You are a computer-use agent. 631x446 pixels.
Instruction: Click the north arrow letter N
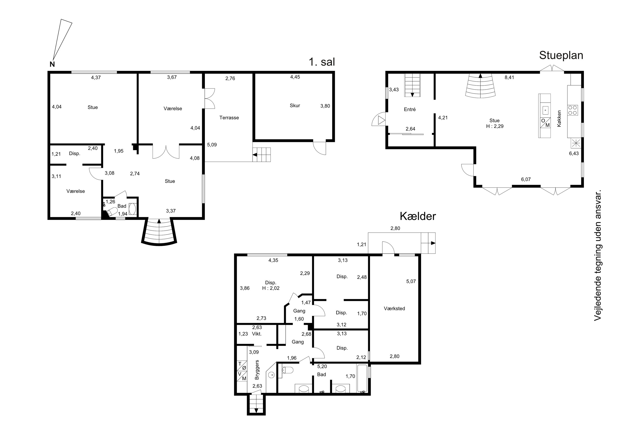[x=52, y=64]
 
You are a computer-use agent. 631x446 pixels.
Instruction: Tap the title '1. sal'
[x=322, y=62]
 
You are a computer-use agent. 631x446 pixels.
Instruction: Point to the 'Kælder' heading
[x=418, y=216]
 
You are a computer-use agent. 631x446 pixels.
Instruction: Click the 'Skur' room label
[x=295, y=106]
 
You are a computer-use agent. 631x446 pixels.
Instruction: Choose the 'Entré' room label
[x=410, y=109]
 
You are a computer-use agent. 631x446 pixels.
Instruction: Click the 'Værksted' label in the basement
[x=394, y=309]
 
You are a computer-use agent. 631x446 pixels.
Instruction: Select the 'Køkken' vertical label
[x=559, y=118]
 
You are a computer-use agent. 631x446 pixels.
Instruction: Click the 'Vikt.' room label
[x=257, y=334]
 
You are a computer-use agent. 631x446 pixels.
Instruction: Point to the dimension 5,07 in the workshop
[x=411, y=281]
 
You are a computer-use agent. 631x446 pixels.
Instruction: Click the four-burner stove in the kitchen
[x=573, y=110]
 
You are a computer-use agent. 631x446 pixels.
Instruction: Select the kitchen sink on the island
[x=545, y=110]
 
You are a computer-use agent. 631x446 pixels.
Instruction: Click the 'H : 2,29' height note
[x=495, y=126]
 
